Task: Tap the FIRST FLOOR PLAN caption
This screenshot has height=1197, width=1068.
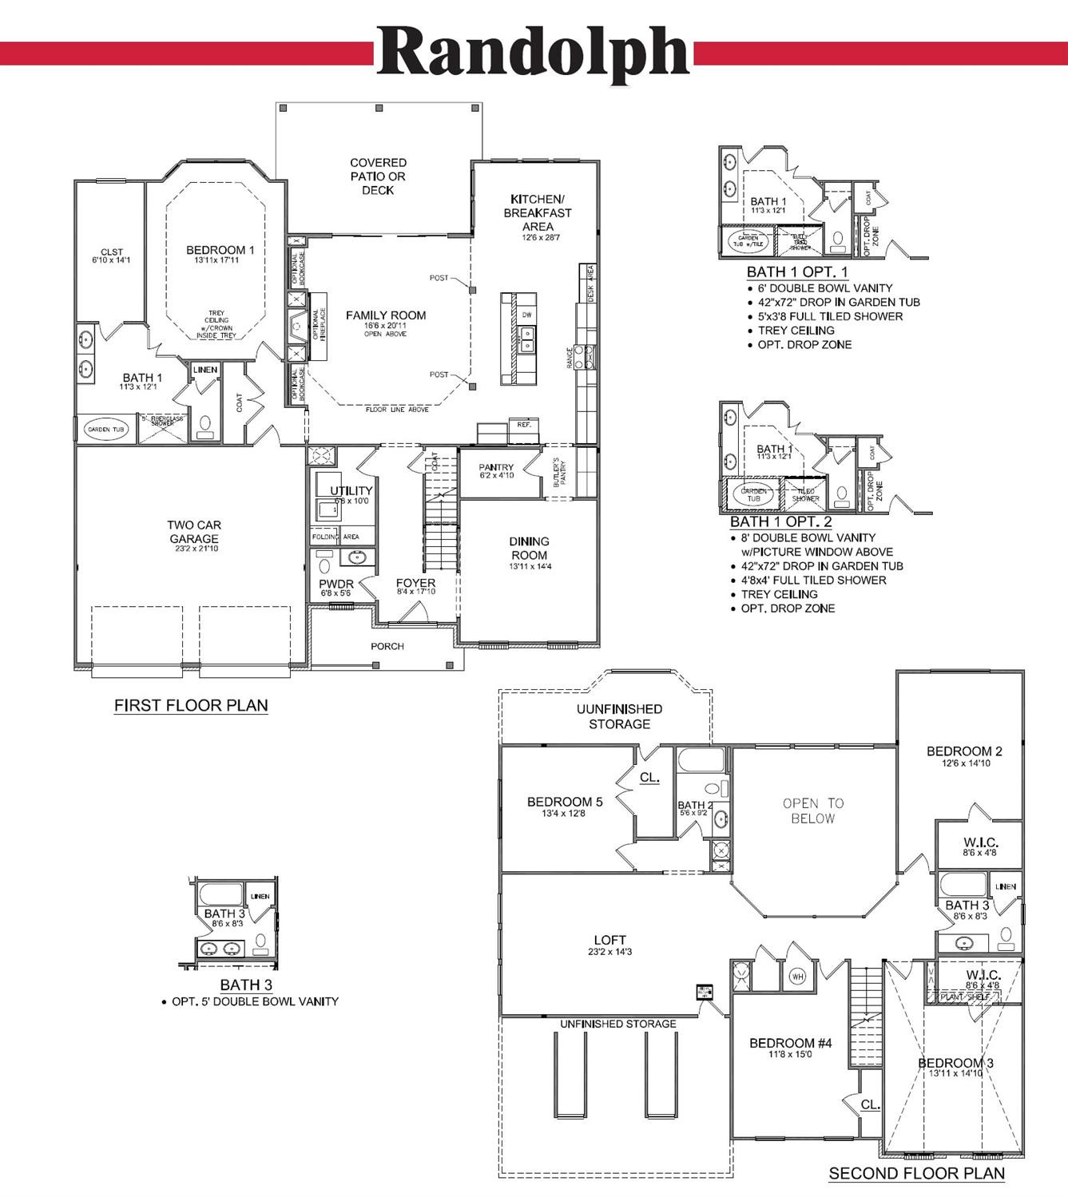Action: [x=191, y=705]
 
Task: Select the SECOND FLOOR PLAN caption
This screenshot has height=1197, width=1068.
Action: [x=916, y=1173]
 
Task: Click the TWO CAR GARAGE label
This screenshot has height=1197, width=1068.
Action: [x=194, y=532]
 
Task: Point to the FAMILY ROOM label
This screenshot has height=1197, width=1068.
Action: [x=386, y=315]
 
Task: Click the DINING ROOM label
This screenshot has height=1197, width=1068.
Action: [x=529, y=548]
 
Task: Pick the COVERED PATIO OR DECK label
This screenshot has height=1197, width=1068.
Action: [x=378, y=176]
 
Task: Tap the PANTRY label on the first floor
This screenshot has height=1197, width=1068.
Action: [x=496, y=467]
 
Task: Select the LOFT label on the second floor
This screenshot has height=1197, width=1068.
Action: [x=609, y=940]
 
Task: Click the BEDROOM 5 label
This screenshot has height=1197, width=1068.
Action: [x=565, y=802]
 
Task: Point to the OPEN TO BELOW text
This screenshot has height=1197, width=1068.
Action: [x=813, y=811]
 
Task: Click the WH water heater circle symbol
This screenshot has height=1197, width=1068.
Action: [x=797, y=976]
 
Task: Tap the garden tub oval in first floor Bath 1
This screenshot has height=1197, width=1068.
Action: [x=105, y=429]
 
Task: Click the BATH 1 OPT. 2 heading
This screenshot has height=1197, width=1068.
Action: [x=780, y=521]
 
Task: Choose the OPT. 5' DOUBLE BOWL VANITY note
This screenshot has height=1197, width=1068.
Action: [x=255, y=1001]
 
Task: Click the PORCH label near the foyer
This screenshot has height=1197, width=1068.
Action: [x=387, y=646]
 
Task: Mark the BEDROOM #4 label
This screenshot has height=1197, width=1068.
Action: [x=790, y=1043]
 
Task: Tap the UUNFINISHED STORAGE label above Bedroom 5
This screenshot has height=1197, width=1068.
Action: [x=619, y=716]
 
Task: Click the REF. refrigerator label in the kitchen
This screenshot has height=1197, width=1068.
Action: [x=524, y=425]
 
